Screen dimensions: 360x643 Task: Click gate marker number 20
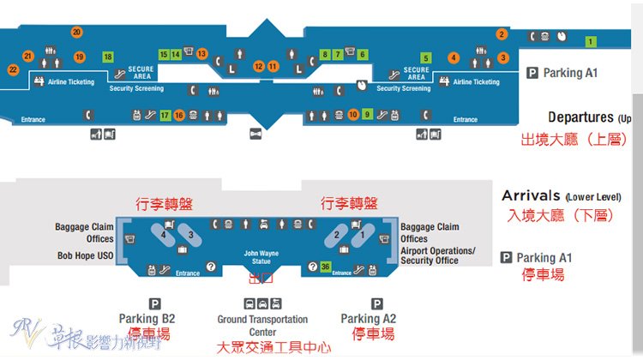(76, 33)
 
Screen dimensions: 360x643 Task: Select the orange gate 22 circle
(13, 69)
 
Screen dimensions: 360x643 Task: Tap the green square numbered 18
(108, 57)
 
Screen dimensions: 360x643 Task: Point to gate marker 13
(202, 54)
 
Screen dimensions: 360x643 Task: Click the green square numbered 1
(590, 41)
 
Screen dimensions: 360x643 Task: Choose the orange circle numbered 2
(502, 34)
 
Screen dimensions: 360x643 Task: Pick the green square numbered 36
(325, 267)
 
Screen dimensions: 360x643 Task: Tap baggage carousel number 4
(163, 233)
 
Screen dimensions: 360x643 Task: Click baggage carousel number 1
(361, 233)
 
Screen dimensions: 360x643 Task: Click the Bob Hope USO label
(86, 255)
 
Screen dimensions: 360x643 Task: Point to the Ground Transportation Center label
(262, 326)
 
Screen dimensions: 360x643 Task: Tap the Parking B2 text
(148, 319)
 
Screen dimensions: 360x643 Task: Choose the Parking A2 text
(368, 319)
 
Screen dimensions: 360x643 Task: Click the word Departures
(580, 117)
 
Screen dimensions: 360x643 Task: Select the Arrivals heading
(531, 196)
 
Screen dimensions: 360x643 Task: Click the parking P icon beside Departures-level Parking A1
(532, 74)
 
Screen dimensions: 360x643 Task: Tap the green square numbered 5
(426, 58)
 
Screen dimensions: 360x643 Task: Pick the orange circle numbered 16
(179, 115)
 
